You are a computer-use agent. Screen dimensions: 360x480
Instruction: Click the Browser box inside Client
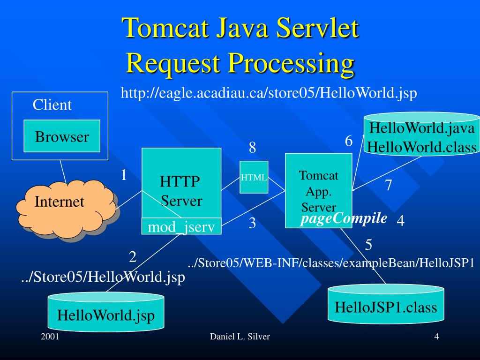click(62, 136)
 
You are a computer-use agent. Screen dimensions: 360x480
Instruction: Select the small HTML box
click(254, 177)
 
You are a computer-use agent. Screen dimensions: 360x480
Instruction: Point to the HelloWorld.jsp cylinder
click(106, 314)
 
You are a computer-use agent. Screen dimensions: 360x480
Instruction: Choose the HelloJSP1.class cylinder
click(385, 307)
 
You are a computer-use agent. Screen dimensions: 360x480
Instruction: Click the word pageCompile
click(344, 218)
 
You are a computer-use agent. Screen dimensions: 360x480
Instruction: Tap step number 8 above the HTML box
click(252, 148)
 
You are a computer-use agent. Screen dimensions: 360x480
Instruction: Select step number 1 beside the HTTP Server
click(124, 175)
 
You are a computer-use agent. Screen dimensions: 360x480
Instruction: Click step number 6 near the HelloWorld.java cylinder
click(348, 141)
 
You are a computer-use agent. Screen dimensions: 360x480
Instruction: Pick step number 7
click(388, 186)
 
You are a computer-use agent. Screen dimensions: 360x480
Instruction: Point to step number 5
click(368, 245)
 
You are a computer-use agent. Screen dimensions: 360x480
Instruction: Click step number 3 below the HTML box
click(252, 224)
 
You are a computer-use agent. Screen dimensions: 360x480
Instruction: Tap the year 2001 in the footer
click(50, 337)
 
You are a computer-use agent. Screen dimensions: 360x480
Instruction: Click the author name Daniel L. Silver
click(240, 337)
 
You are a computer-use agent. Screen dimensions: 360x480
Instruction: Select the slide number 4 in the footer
click(436, 337)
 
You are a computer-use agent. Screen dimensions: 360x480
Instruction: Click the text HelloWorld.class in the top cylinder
click(422, 147)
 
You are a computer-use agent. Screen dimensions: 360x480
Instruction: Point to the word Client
click(52, 105)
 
